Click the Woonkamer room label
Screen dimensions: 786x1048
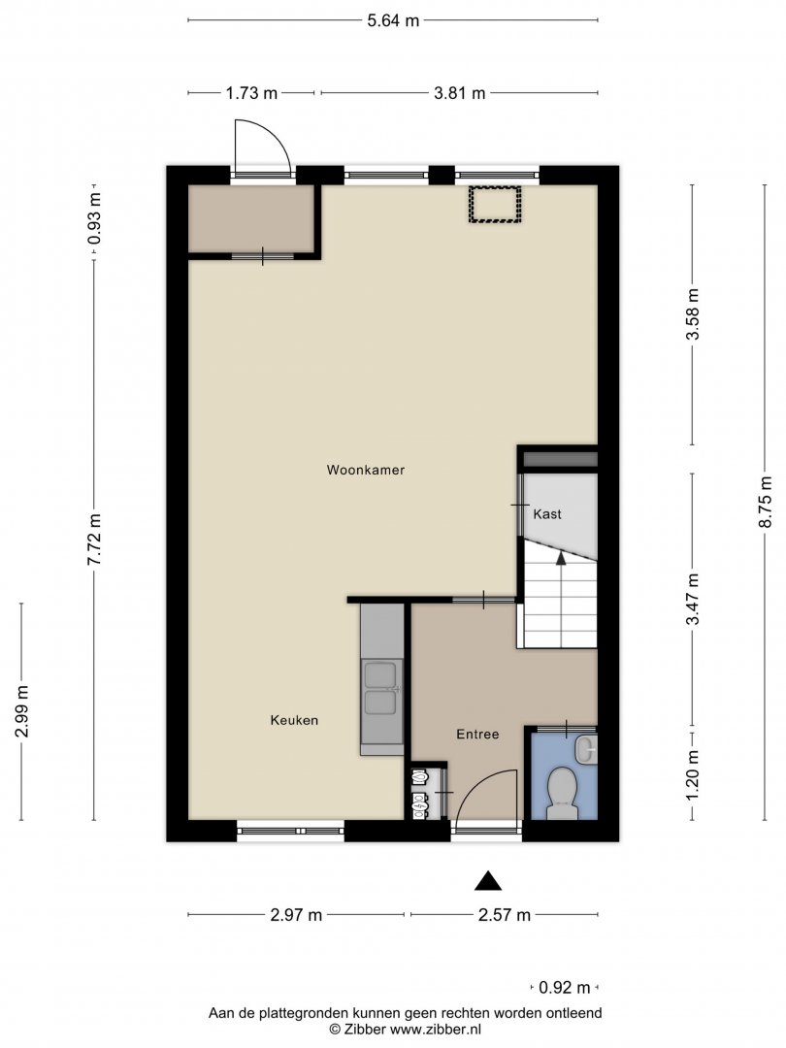[366, 470]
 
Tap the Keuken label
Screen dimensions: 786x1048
[294, 720]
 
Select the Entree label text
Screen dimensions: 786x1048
[477, 734]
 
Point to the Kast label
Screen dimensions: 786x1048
[547, 514]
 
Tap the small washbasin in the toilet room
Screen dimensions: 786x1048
[587, 748]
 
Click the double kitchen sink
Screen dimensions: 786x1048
[381, 689]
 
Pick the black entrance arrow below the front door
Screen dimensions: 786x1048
[488, 881]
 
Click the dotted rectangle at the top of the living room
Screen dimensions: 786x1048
[495, 205]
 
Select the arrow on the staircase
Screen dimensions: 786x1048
[561, 557]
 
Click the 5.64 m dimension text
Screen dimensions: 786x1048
[393, 20]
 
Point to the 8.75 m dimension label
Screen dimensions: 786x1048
[766, 502]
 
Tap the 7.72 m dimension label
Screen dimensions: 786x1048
[94, 540]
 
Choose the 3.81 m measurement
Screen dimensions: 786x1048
[460, 93]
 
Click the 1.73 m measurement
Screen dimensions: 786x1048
[251, 93]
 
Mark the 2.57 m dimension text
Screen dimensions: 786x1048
[505, 915]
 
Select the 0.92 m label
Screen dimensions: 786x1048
[565, 987]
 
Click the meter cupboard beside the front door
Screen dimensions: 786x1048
[426, 794]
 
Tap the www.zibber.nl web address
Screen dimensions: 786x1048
[436, 1030]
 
